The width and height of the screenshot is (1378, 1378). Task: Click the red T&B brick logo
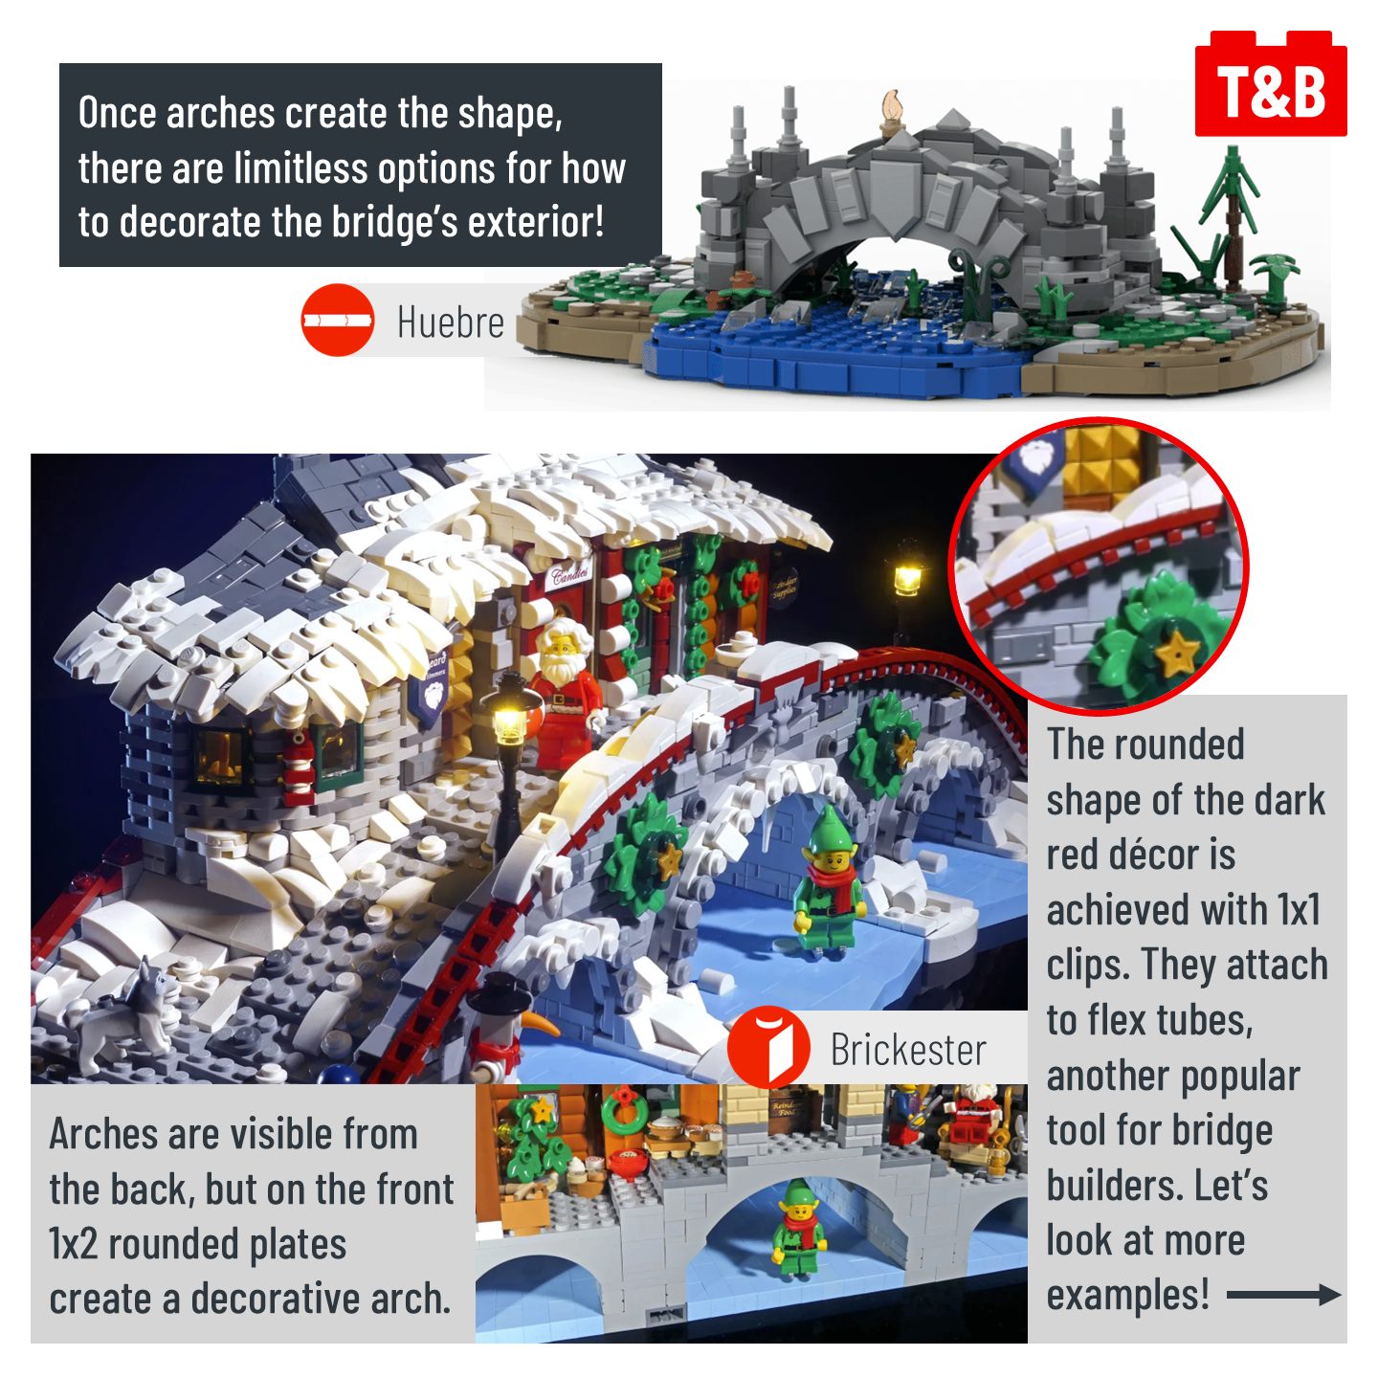tap(1270, 84)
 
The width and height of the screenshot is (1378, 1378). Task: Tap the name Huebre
tap(451, 322)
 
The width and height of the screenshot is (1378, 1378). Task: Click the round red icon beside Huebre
tap(338, 320)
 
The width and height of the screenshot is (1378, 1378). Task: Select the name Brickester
tap(908, 1050)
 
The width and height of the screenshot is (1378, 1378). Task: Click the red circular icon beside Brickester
tap(768, 1047)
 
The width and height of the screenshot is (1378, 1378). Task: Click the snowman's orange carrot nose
tap(541, 1023)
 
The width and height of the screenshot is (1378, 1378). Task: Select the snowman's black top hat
tap(499, 996)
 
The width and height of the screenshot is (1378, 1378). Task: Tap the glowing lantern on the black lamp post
tap(509, 719)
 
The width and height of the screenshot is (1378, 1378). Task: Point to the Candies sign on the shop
tap(570, 573)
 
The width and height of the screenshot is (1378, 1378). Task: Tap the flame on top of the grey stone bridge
tap(890, 106)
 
